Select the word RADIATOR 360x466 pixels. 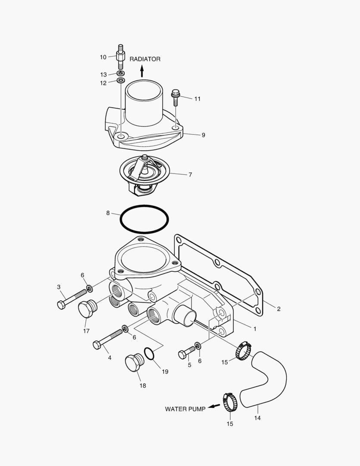[x=145, y=59]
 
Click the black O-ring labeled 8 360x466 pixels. [x=144, y=219]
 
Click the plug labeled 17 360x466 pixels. [x=88, y=309]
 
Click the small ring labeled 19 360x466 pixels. [x=149, y=354]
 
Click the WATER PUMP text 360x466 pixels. [x=185, y=409]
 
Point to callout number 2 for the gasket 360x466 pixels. [x=279, y=309]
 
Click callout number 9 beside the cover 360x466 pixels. [x=203, y=135]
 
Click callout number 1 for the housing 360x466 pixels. [x=255, y=329]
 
